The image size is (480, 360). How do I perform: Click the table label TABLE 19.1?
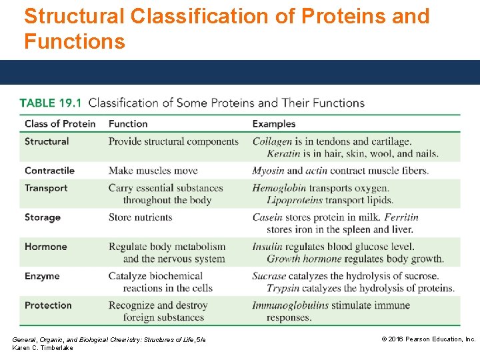pyautogui.click(x=51, y=103)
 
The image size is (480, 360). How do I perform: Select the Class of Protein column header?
pyautogui.click(x=60, y=123)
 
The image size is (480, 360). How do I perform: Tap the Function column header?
pyautogui.click(x=128, y=123)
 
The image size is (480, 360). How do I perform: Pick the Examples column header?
pyautogui.click(x=273, y=123)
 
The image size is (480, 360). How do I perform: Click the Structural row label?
pyautogui.click(x=47, y=141)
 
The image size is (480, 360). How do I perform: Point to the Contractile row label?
pyautogui.click(x=49, y=171)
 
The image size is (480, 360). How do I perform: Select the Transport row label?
pyautogui.click(x=46, y=188)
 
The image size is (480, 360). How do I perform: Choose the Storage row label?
pyautogui.click(x=43, y=217)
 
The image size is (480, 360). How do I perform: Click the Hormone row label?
pyautogui.click(x=46, y=247)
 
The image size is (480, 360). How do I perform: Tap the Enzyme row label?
pyautogui.click(x=42, y=276)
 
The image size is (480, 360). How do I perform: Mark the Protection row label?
pyautogui.click(x=48, y=305)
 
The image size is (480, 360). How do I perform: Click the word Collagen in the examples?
pyautogui.click(x=272, y=141)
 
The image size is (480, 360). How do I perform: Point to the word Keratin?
pyautogui.click(x=283, y=153)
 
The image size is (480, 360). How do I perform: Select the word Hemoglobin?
pyautogui.click(x=279, y=188)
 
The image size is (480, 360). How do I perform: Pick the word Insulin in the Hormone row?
pyautogui.click(x=267, y=247)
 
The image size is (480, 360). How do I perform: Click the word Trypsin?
pyautogui.click(x=285, y=288)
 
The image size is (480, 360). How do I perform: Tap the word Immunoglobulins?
pyautogui.click(x=290, y=305)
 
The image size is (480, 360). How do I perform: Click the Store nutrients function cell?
pyautogui.click(x=140, y=217)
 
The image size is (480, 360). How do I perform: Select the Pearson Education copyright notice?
pyautogui.click(x=428, y=339)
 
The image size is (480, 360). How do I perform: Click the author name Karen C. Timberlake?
pyautogui.click(x=43, y=348)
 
